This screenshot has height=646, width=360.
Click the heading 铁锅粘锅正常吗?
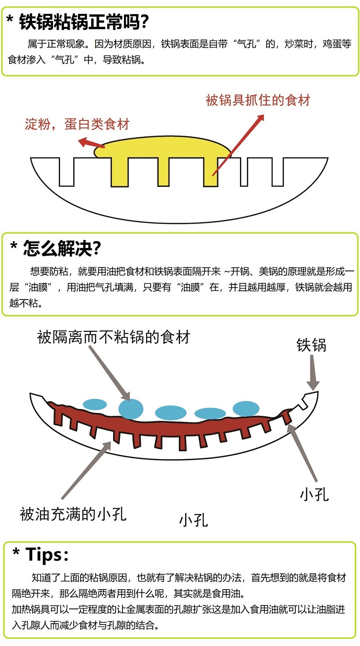[x=84, y=22]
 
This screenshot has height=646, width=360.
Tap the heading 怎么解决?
[x=62, y=248]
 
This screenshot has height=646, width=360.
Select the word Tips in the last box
[x=44, y=554]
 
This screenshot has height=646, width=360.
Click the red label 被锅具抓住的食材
[x=258, y=100]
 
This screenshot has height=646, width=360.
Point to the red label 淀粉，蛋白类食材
[x=77, y=124]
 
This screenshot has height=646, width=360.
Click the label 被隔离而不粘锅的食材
[x=114, y=337]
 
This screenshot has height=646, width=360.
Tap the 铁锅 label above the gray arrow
[x=311, y=345]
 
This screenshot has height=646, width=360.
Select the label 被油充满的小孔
[x=73, y=514]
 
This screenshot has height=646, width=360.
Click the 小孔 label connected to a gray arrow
[x=314, y=494]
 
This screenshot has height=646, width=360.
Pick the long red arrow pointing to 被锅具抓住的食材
[x=238, y=145]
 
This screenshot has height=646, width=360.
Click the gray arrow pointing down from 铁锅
[x=312, y=372]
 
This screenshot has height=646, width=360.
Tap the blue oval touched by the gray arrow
[x=131, y=409]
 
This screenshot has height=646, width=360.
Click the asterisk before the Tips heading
[x=16, y=553]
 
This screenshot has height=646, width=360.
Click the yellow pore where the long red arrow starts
[x=210, y=172]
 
